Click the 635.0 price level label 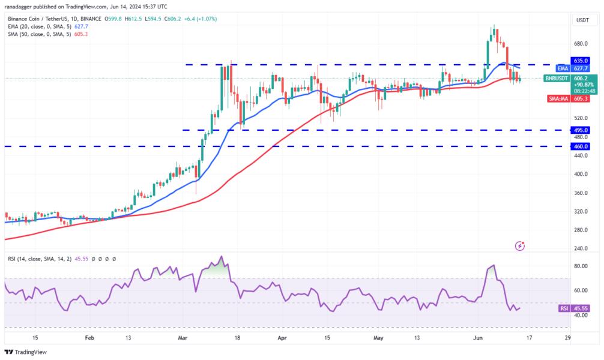coord(580,61)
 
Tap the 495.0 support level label coord(580,130)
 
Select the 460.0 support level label coord(580,146)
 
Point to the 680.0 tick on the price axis coord(579,44)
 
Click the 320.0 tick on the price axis coord(579,212)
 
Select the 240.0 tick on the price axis coord(579,248)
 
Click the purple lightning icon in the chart coord(521,245)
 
